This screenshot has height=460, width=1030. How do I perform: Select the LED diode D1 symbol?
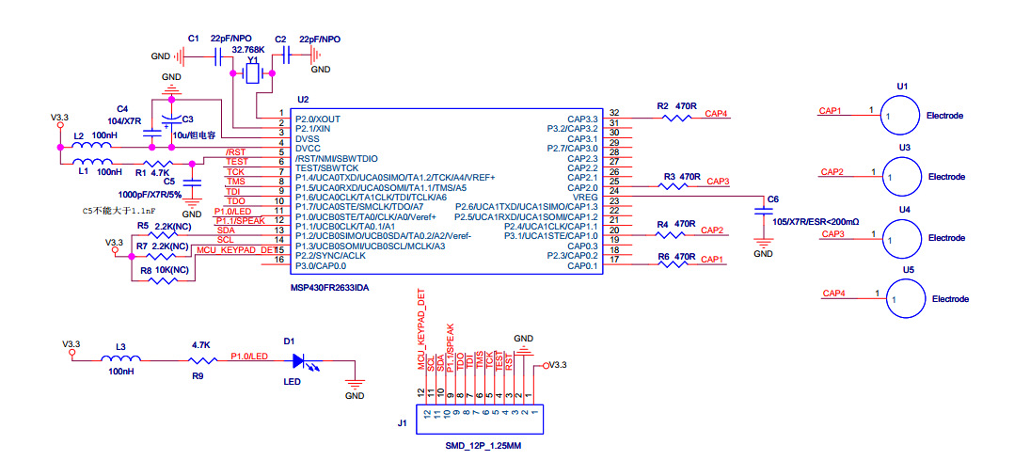(x=299, y=361)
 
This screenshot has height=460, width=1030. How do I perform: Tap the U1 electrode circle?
(x=897, y=116)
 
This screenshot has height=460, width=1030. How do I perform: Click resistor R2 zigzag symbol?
(x=677, y=118)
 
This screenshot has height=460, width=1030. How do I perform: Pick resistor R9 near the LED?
(x=202, y=360)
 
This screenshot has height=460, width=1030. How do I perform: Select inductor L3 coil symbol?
(x=120, y=358)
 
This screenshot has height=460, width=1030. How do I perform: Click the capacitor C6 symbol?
(x=763, y=212)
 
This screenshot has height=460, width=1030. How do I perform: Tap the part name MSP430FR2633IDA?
(x=330, y=288)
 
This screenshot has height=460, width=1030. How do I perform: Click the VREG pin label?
(x=586, y=198)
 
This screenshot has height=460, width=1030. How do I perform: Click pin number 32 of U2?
(x=614, y=113)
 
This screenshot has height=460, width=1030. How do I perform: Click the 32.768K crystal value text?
(x=248, y=50)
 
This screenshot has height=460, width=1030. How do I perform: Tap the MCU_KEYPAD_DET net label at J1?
(x=422, y=328)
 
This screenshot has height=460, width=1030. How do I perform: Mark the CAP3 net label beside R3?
(x=717, y=181)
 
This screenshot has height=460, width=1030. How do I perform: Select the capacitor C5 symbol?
(x=192, y=182)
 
